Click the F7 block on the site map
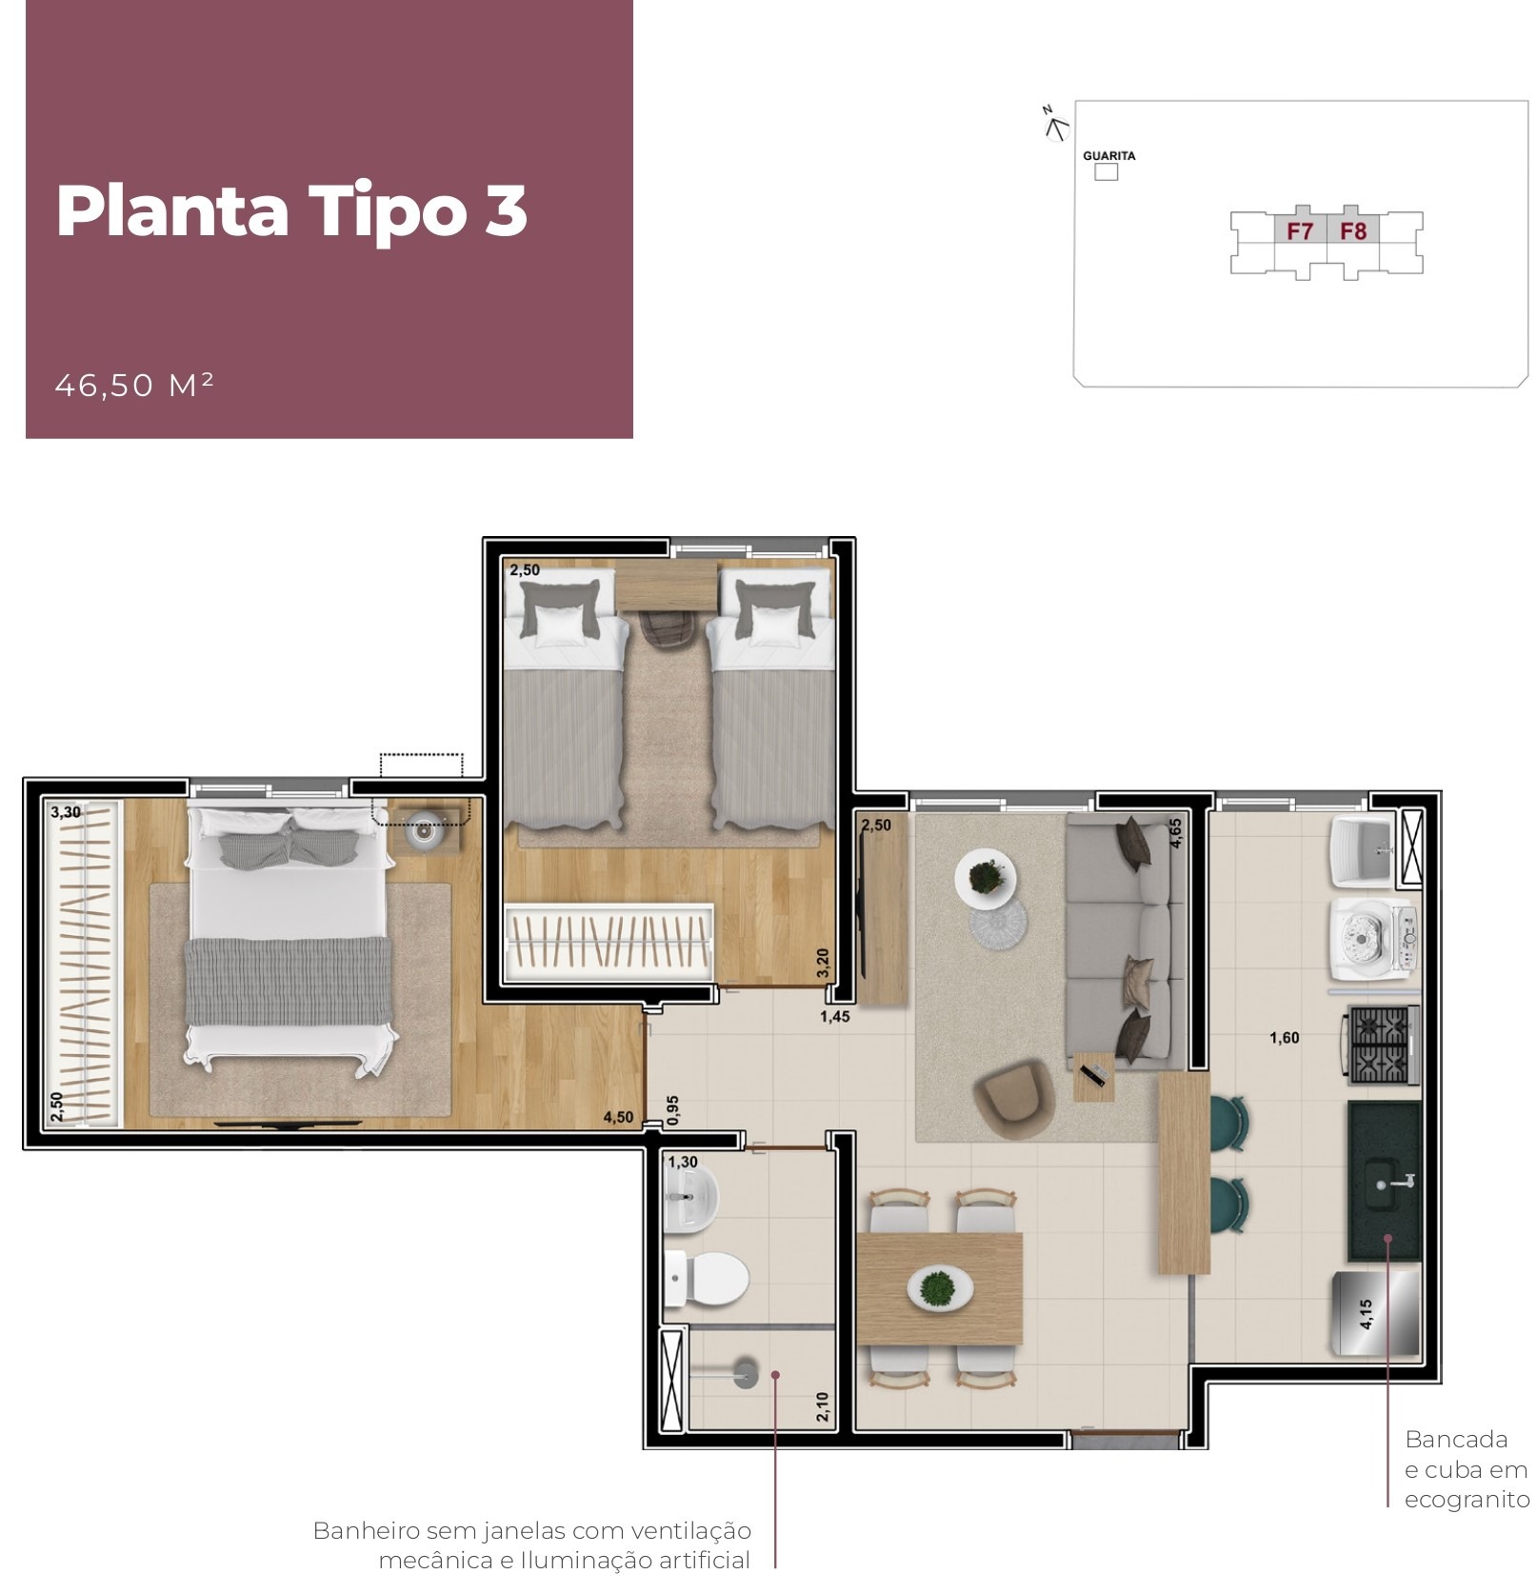(1299, 230)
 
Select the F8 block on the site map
(1352, 230)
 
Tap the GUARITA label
(1108, 155)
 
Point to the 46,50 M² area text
(134, 385)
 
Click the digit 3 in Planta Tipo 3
(505, 210)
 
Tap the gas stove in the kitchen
(1380, 1045)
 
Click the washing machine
(1372, 939)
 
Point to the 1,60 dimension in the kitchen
(1284, 1038)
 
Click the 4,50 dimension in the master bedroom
(618, 1117)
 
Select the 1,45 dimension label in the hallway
(834, 1016)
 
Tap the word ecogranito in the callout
(1467, 1500)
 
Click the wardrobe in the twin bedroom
(609, 942)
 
